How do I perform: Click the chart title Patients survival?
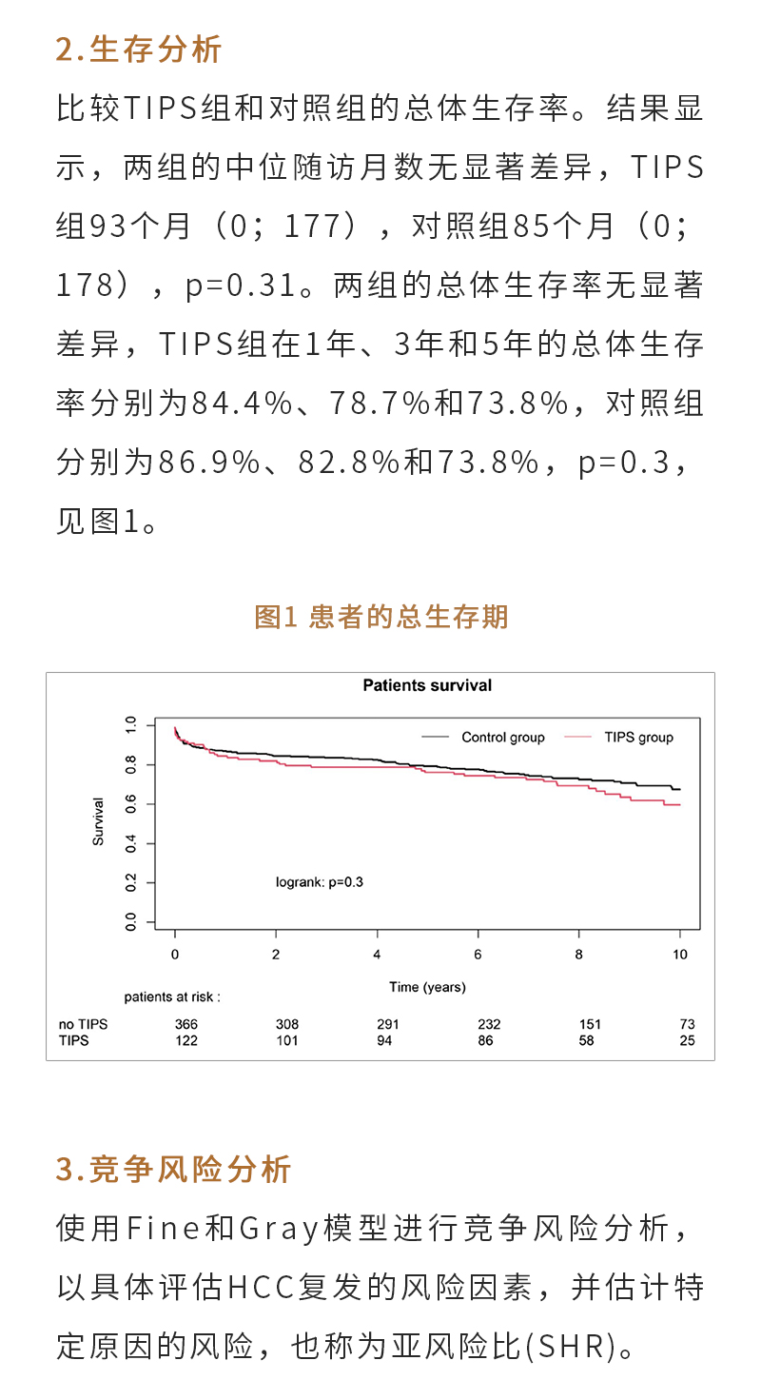(427, 685)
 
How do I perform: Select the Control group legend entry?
(502, 738)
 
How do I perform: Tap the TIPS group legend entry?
(638, 738)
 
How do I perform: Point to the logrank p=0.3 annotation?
(320, 882)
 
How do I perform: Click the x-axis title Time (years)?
(427, 987)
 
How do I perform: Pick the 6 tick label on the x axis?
(478, 955)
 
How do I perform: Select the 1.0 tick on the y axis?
(131, 725)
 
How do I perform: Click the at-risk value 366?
(185, 1025)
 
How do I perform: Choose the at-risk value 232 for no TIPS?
(489, 1025)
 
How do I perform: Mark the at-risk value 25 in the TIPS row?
(687, 1040)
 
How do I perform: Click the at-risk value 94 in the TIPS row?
(387, 1040)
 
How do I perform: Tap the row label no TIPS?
(83, 1025)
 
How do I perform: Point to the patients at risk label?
(172, 997)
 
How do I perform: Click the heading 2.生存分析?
(139, 49)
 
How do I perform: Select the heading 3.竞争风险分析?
(173, 1169)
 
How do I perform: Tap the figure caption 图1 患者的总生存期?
(381, 617)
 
